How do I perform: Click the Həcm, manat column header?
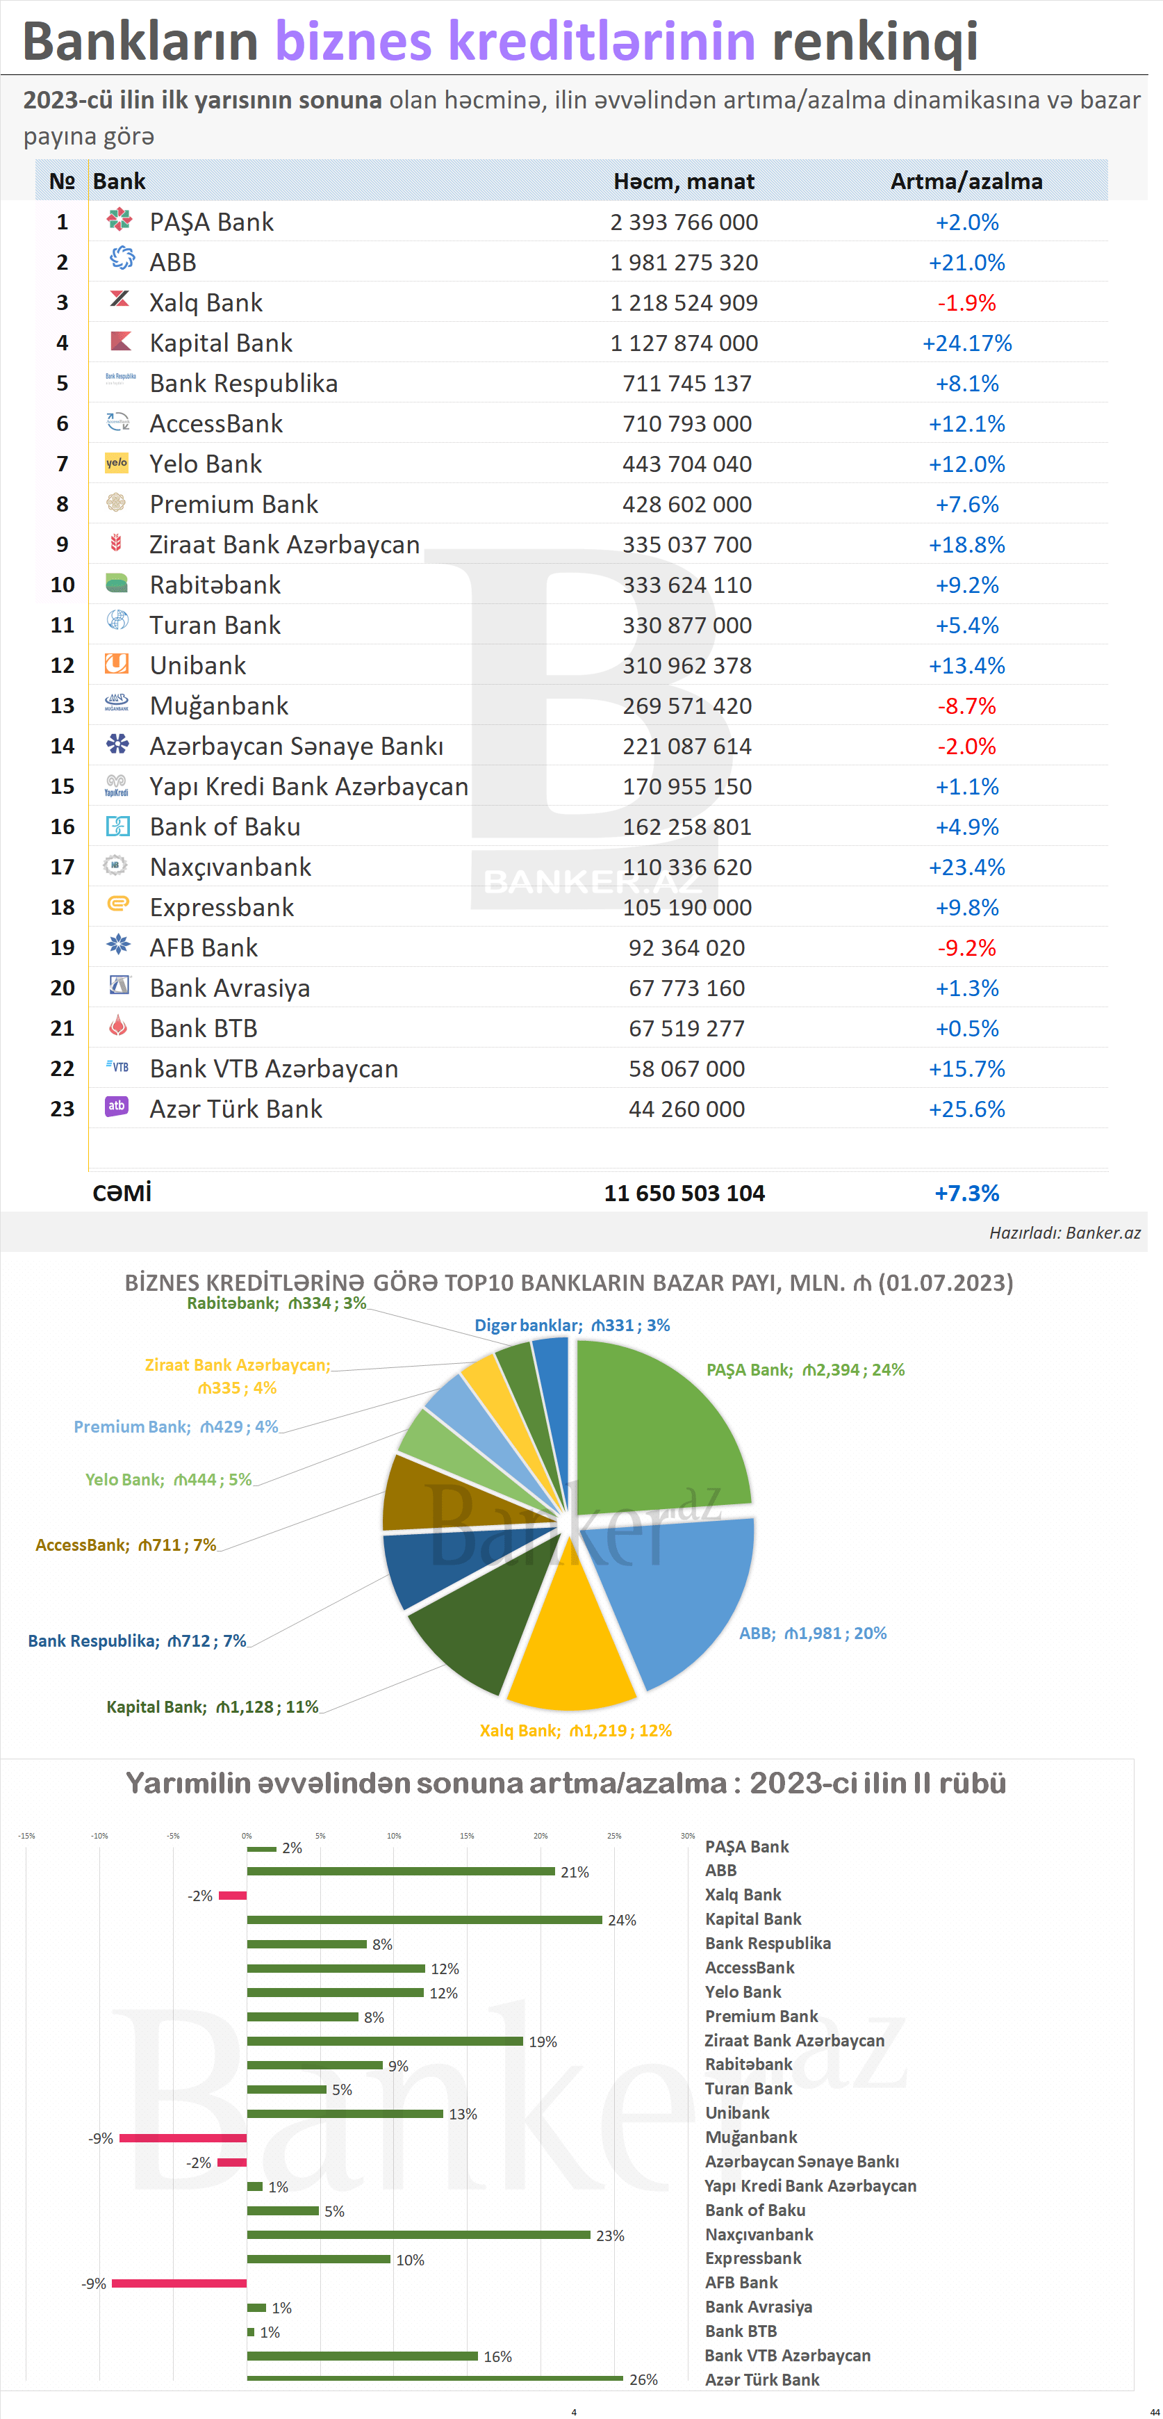[x=684, y=181]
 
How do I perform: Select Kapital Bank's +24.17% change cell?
[x=967, y=343]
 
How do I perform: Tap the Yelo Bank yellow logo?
[x=117, y=463]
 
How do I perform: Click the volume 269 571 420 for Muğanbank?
[x=686, y=706]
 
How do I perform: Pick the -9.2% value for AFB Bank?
[x=967, y=947]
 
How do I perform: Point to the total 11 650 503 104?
[x=684, y=1193]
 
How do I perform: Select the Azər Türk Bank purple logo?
[x=117, y=1107]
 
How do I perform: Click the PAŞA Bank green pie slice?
[x=657, y=1418]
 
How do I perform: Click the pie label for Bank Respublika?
[x=137, y=1640]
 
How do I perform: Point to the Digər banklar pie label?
[x=572, y=1325]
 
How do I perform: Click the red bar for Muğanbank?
[x=183, y=2138]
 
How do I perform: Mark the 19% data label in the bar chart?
[x=543, y=2042]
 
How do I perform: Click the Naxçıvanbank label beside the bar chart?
[x=759, y=2234]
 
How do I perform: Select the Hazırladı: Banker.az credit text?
[x=1064, y=1233]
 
